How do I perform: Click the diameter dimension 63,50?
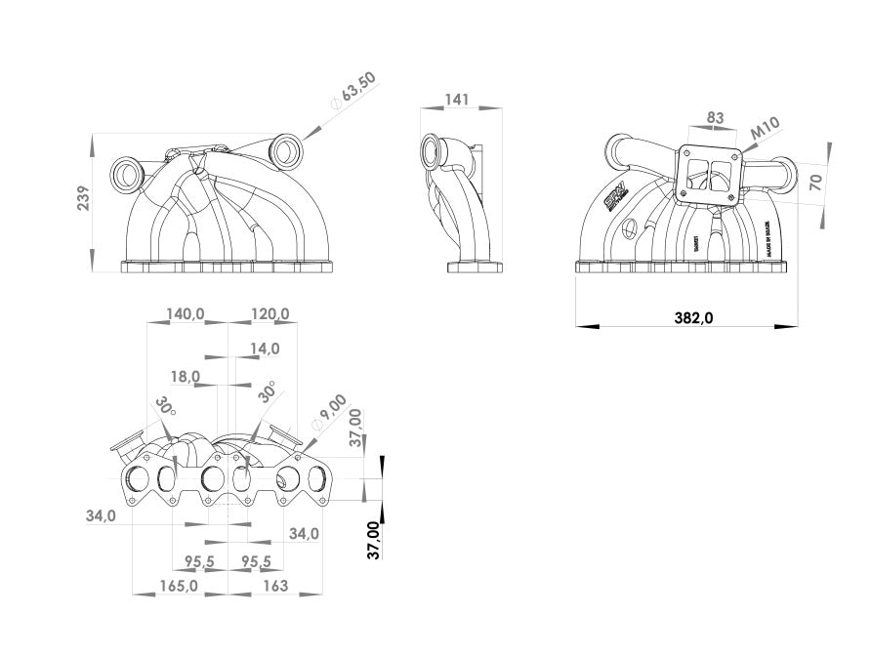coord(353,91)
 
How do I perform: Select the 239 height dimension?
coord(83,198)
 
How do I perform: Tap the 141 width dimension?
coord(457,100)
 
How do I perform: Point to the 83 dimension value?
coord(716,118)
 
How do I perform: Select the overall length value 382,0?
coord(694,317)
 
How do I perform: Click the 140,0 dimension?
coord(186,314)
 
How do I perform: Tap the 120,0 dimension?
coord(270,314)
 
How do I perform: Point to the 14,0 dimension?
coord(265,348)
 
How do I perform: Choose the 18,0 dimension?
coord(185,376)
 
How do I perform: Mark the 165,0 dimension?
coord(179,587)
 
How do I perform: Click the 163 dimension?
coord(276,587)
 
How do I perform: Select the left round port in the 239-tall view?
coord(127,175)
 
